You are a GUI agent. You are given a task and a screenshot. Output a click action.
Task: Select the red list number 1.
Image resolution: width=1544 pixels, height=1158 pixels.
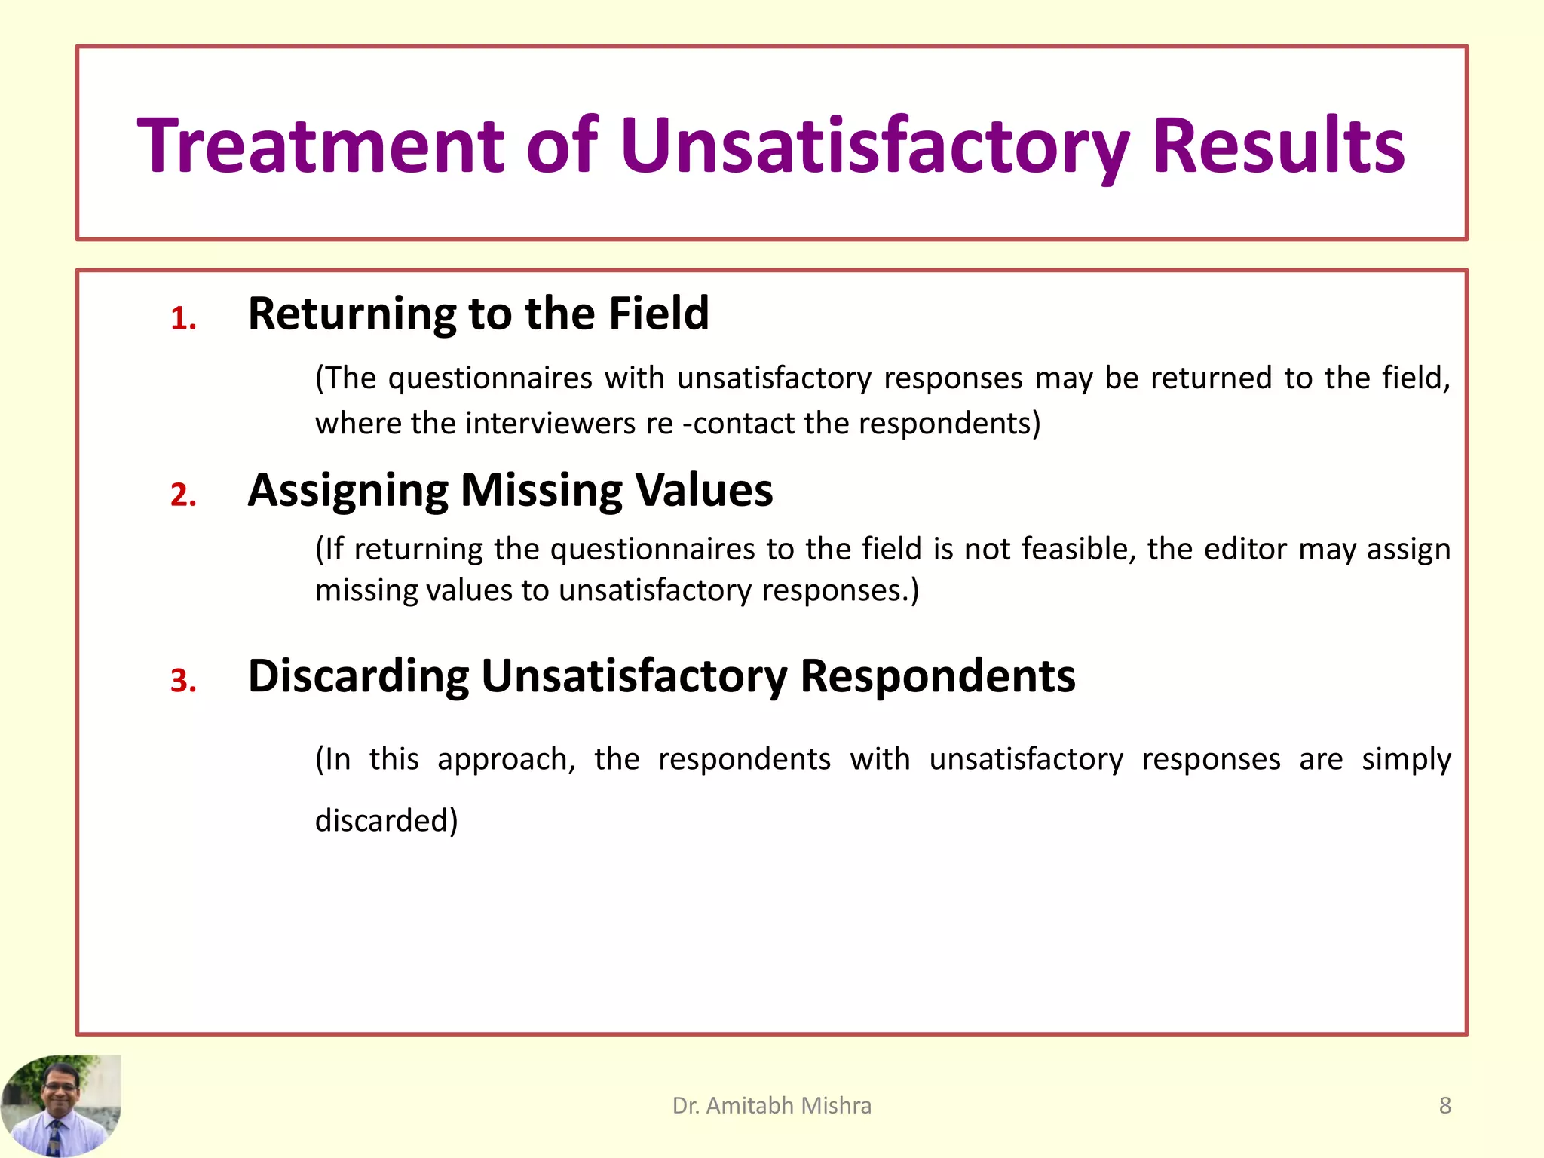pos(183,319)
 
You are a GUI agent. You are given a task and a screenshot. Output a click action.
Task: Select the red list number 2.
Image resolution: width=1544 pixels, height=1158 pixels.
pos(183,495)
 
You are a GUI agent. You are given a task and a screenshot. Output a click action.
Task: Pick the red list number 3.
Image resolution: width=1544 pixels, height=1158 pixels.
pos(183,681)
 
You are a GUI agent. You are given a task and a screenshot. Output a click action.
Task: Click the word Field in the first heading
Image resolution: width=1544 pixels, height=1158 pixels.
pos(658,313)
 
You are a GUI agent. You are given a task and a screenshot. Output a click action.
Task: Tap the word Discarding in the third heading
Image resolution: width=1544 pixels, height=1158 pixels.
pos(358,675)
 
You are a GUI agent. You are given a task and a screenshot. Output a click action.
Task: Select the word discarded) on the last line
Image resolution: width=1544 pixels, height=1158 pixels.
pos(386,820)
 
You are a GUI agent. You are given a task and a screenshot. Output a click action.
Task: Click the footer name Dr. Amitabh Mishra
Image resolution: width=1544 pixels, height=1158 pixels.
pos(771,1105)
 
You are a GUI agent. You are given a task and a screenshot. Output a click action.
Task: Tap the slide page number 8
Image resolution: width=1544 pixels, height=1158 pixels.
pos(1444,1105)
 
